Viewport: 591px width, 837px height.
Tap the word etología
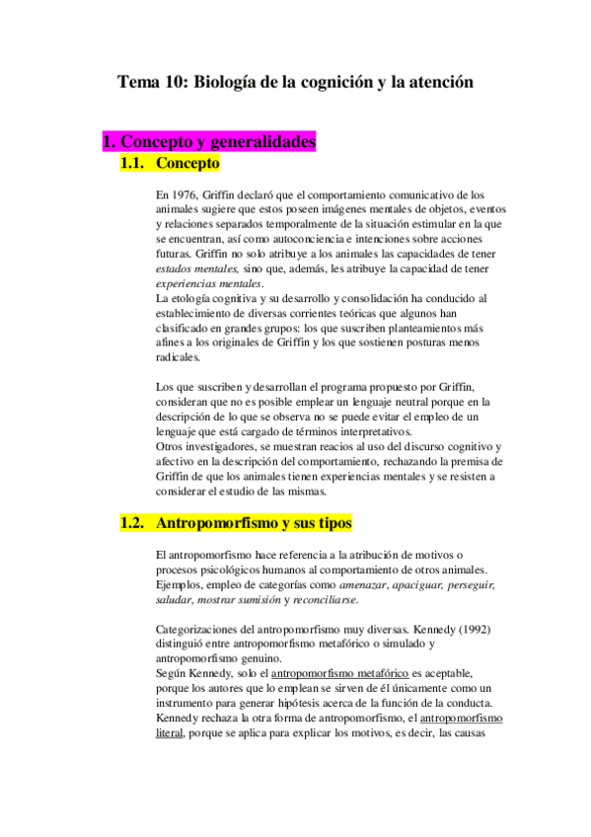[x=186, y=297]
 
